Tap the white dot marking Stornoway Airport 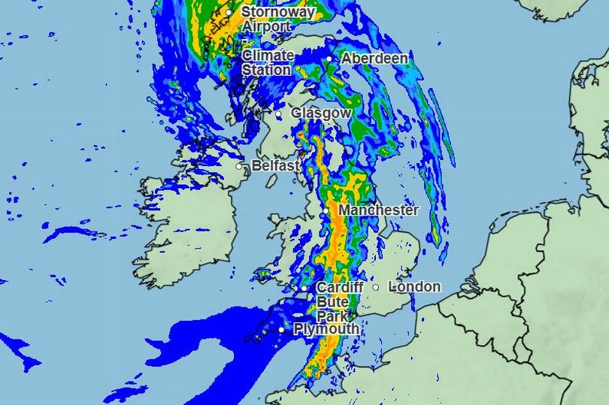click(229, 13)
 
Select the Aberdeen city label click(374, 59)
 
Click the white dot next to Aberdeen click(329, 59)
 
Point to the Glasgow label click(321, 113)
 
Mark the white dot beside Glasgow click(278, 113)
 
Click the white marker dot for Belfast click(240, 166)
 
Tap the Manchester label click(378, 210)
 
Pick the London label click(415, 286)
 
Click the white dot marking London click(376, 286)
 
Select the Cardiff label click(340, 288)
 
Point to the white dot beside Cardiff click(304, 289)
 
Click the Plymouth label click(326, 329)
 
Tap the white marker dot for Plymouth click(281, 329)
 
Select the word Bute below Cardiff click(332, 301)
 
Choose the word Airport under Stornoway click(266, 27)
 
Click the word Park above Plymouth click(332, 316)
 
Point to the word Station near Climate click(266, 70)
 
